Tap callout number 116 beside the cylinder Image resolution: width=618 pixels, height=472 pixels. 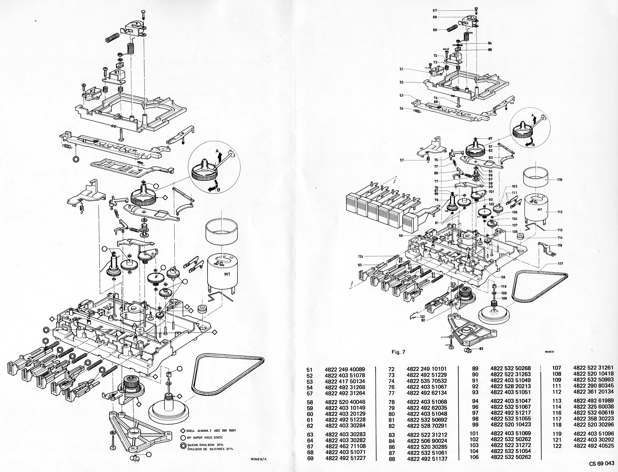[560, 180]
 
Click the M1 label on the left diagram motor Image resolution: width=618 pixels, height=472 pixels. [227, 274]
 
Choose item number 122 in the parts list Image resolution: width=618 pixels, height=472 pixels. [557, 446]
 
